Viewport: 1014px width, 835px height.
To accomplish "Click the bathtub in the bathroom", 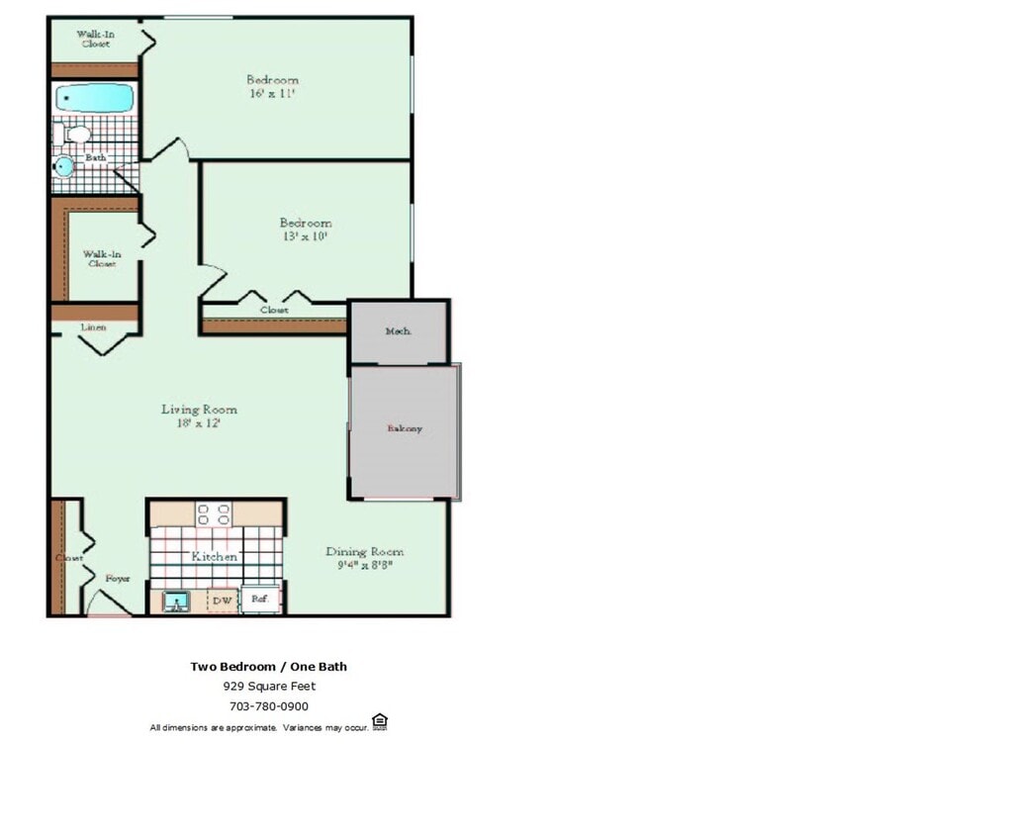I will (94, 98).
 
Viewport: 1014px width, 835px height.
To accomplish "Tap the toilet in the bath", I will (73, 134).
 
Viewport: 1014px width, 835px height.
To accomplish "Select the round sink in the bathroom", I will (64, 165).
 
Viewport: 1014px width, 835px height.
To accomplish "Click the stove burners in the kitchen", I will (215, 513).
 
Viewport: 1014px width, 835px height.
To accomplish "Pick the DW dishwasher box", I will (223, 600).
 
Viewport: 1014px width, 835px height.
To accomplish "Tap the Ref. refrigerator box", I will (260, 600).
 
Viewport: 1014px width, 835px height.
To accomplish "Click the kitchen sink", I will (176, 602).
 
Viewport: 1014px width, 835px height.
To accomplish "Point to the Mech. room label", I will (398, 331).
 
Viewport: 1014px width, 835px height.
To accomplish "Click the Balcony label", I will (405, 428).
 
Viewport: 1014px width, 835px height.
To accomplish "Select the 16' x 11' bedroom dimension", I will (272, 94).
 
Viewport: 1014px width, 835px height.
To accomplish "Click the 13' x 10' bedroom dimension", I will (305, 237).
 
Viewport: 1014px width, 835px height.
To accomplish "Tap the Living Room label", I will (199, 409).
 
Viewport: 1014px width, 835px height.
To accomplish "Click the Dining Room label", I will (365, 551).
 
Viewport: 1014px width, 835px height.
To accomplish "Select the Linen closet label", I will (93, 326).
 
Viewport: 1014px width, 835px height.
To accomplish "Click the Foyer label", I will (118, 578).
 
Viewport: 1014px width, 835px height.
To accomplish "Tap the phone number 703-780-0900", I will (268, 706).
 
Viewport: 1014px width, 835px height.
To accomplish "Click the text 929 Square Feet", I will (268, 686).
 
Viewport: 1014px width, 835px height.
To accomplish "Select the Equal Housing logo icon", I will (379, 722).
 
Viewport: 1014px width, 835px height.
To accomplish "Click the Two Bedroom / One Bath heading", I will (268, 666).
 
